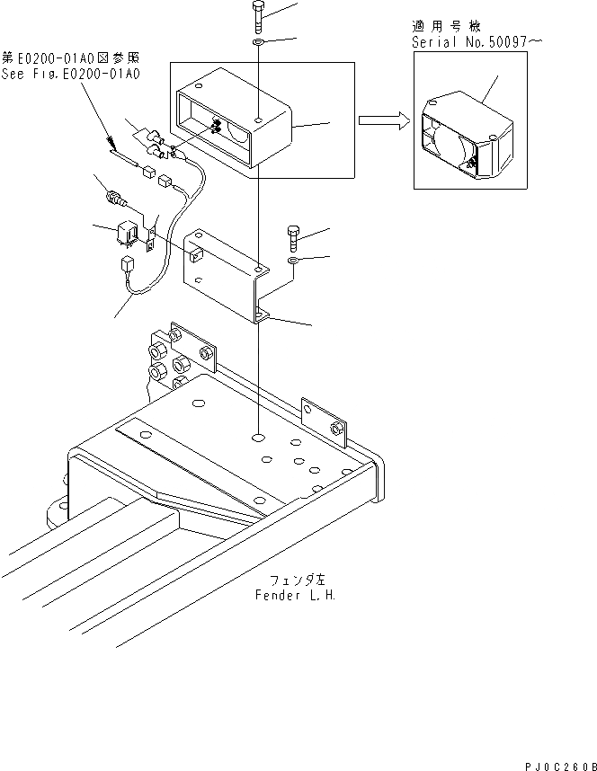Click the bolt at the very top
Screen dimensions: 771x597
(x=258, y=17)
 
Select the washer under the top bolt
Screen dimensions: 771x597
(x=258, y=41)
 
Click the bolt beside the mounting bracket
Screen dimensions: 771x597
(x=294, y=240)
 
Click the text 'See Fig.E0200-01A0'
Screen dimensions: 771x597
(x=71, y=74)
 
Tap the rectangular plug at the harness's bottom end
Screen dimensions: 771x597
(x=127, y=264)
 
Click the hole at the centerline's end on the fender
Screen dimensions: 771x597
(x=259, y=438)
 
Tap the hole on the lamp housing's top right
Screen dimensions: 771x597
(x=259, y=119)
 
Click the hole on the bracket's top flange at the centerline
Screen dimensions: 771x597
(x=259, y=269)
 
